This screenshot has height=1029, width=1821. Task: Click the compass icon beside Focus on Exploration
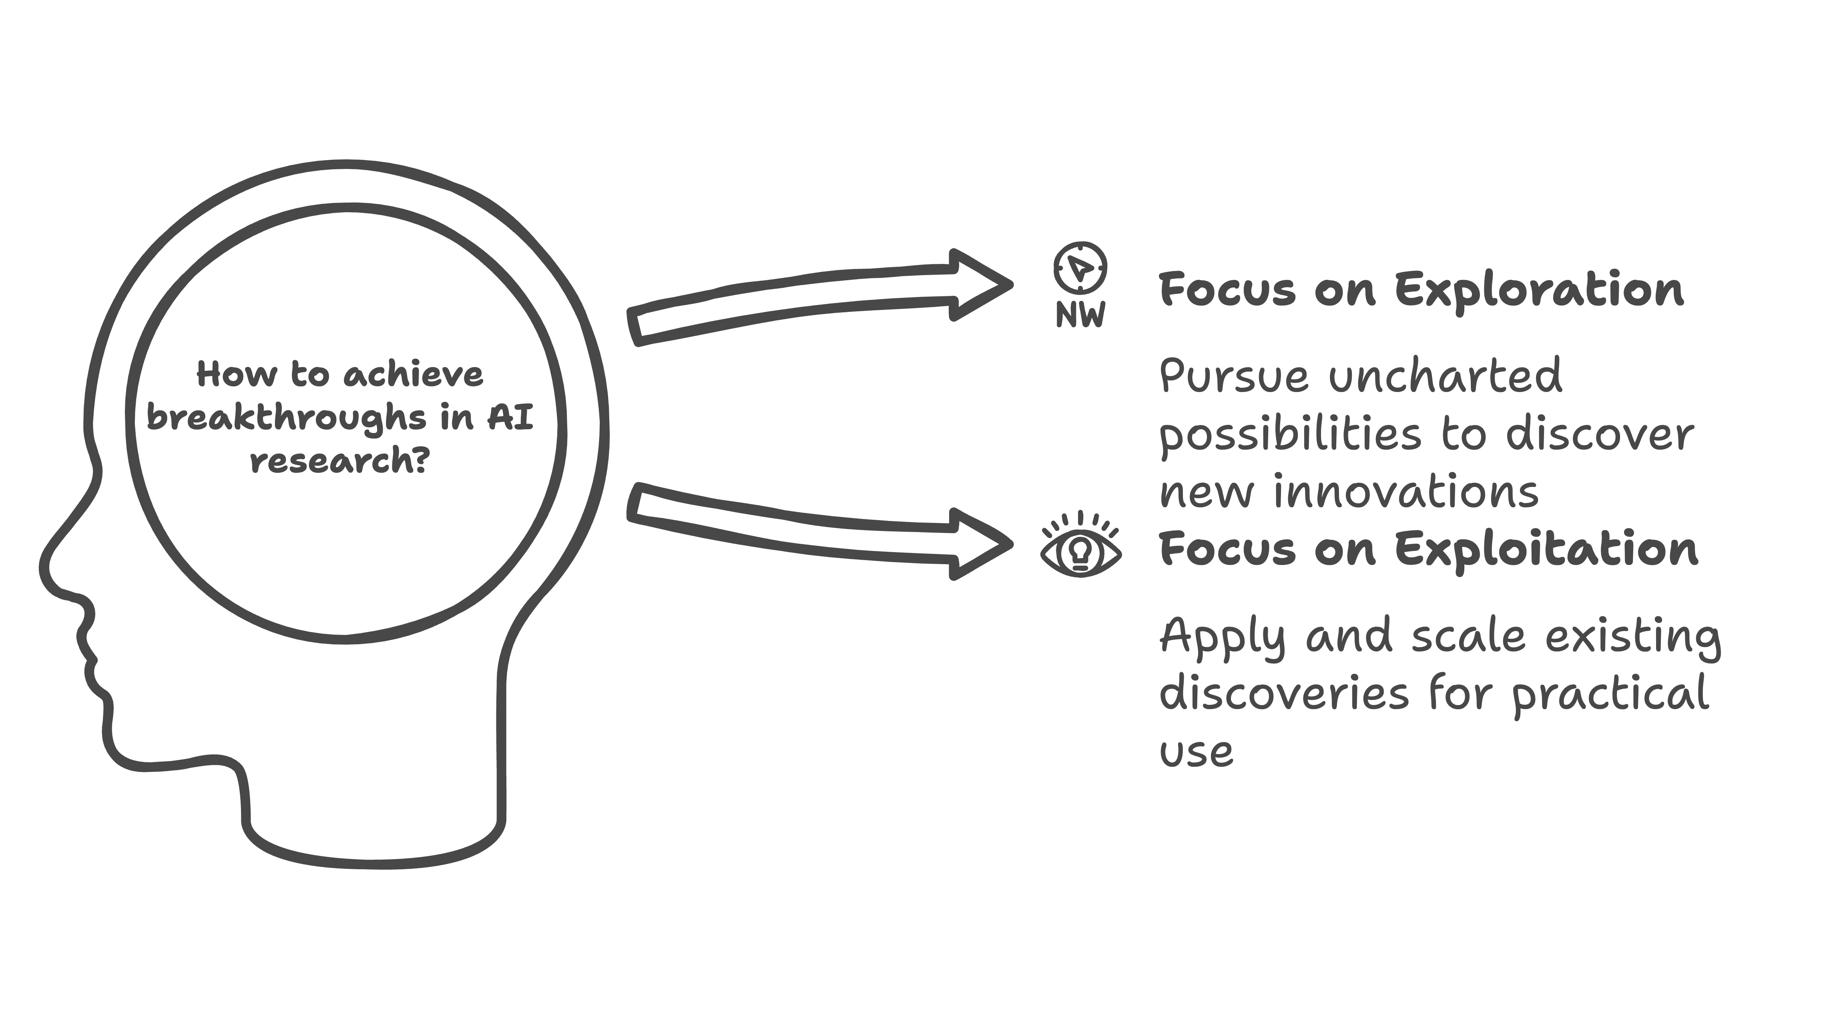tap(1080, 268)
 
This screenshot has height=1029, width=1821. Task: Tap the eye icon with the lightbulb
tap(1080, 550)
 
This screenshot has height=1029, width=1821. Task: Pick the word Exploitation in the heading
tap(1546, 549)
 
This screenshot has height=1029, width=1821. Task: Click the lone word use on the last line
tap(1196, 752)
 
